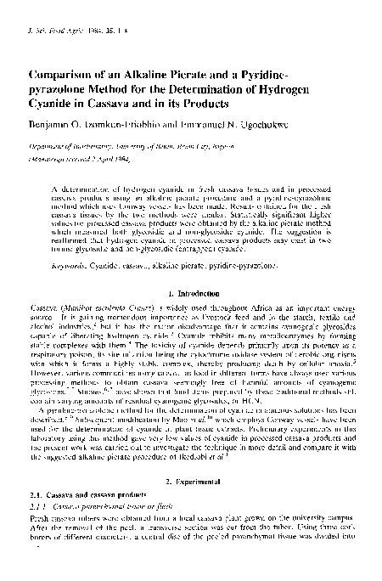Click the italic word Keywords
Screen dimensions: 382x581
pos(69,266)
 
